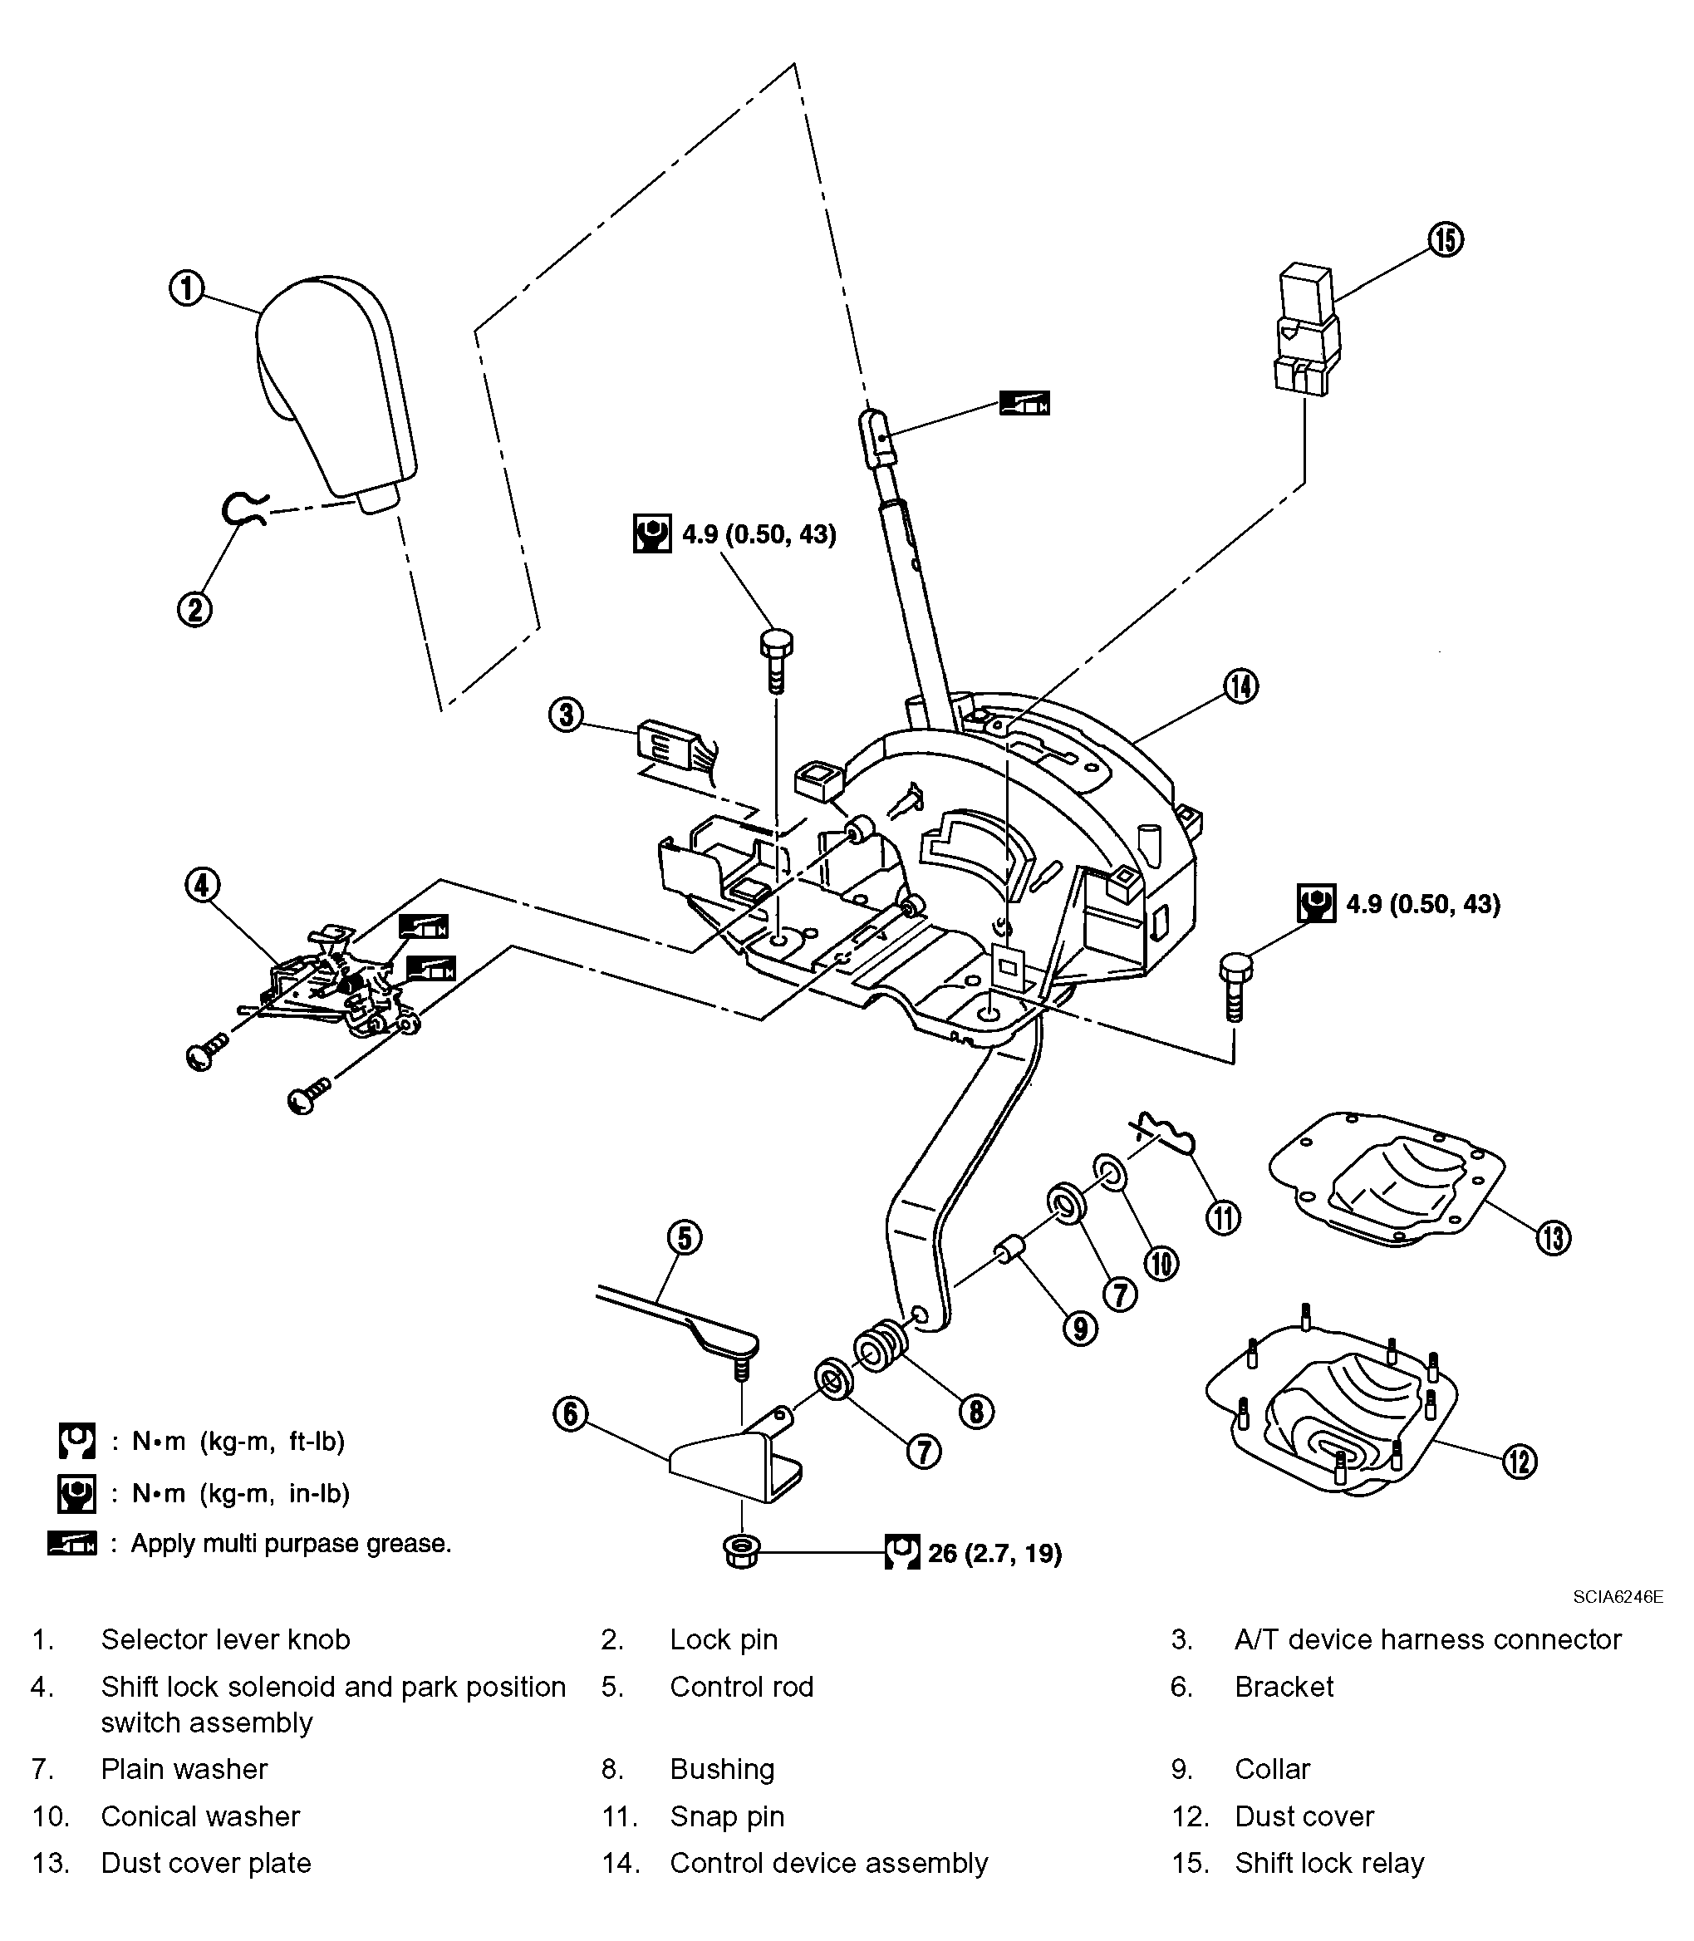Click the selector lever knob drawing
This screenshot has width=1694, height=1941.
336,388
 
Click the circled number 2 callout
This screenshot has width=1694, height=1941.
194,608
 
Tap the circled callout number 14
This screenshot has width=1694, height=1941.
1240,686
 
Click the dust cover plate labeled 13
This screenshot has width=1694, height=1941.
1385,1178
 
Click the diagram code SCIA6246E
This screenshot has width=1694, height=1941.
1618,1597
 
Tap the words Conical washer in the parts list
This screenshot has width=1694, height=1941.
200,1816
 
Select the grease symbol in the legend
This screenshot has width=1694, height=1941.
71,1544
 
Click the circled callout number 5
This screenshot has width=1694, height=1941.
685,1237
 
